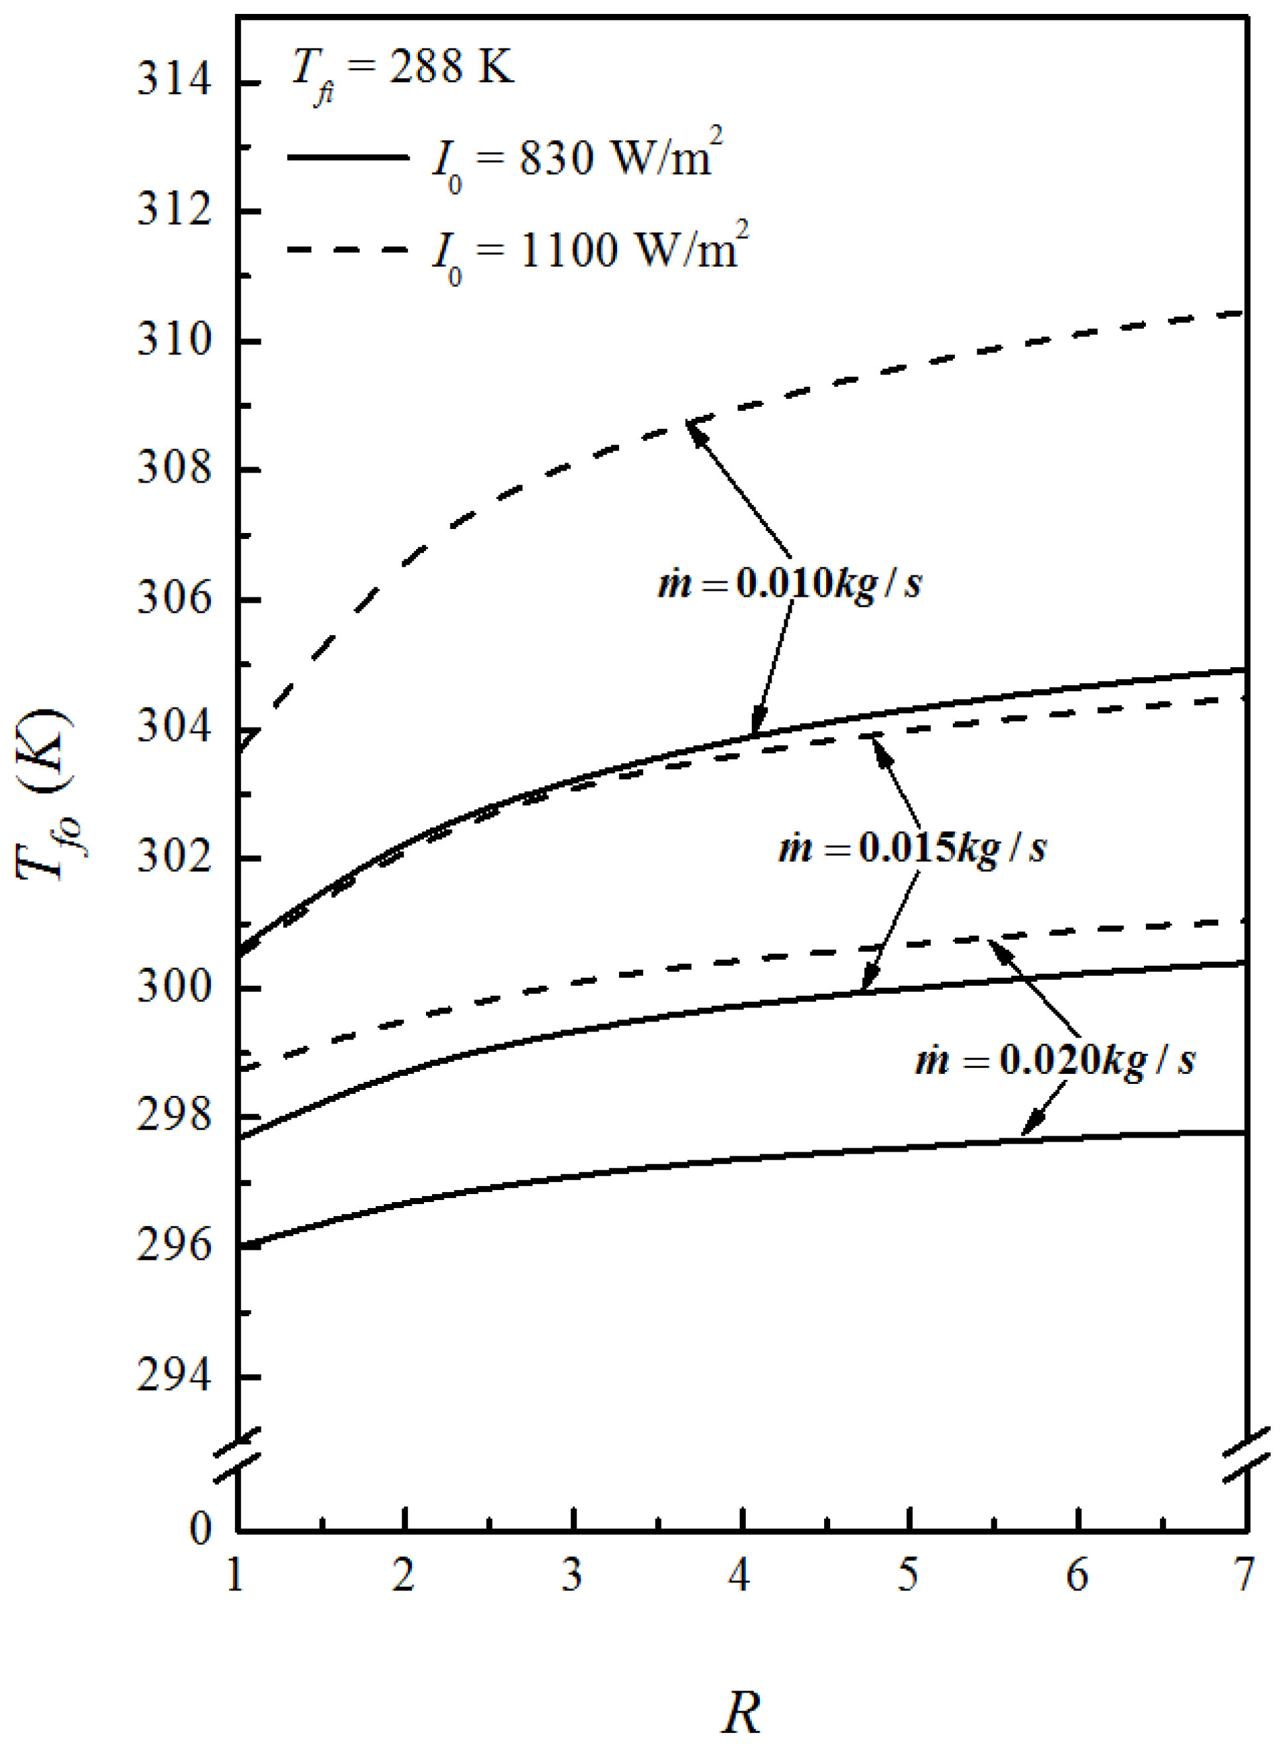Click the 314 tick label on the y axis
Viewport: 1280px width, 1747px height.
[x=174, y=82]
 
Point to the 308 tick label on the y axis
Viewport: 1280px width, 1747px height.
[x=174, y=470]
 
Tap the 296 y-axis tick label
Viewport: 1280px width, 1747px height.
[x=174, y=1247]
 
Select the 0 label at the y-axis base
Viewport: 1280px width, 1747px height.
[x=200, y=1529]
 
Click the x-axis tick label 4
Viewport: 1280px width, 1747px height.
[x=740, y=1575]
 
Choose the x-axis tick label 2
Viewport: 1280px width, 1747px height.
[x=403, y=1575]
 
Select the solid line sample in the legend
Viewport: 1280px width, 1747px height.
[x=347, y=157]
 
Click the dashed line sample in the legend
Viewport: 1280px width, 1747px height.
[x=347, y=250]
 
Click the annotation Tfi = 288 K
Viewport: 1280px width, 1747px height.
[x=402, y=70]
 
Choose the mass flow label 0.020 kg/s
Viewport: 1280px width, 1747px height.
[x=1055, y=1059]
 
